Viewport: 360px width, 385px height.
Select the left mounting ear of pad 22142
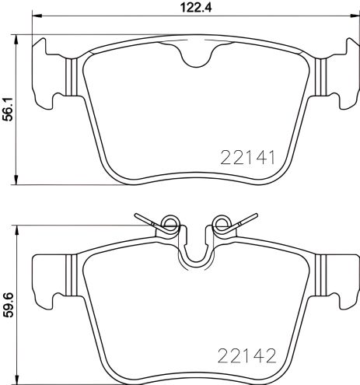[x=48, y=275]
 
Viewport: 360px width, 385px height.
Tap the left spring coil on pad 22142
[x=170, y=226]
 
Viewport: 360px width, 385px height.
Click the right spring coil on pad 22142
[x=220, y=226]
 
